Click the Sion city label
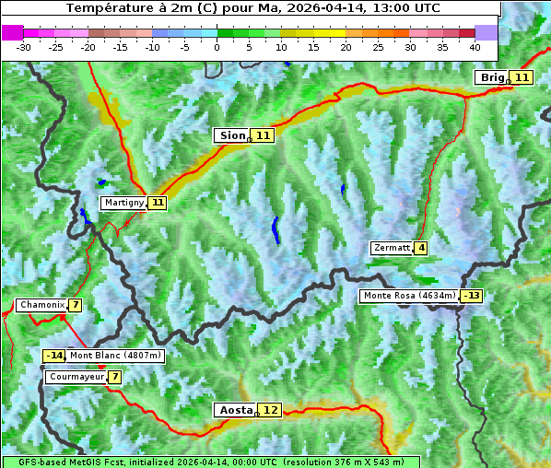(232, 135)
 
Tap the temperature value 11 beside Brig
(522, 77)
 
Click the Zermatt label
(392, 248)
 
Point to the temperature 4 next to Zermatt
(421, 248)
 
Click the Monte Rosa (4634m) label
(409, 296)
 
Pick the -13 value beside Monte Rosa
(472, 296)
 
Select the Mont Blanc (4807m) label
(115, 356)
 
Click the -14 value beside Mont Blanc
(54, 356)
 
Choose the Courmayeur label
(76, 377)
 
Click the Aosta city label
(235, 410)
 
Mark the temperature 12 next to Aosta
(270, 410)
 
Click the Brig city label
(492, 77)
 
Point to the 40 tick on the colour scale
(475, 46)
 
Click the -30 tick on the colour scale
(24, 46)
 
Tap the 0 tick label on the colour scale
(217, 46)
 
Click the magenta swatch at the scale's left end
(12, 32)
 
